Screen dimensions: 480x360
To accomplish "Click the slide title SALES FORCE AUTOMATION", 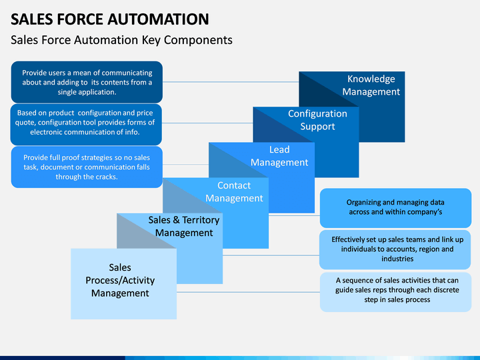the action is click(x=110, y=19).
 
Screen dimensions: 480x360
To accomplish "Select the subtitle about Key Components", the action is click(x=121, y=40).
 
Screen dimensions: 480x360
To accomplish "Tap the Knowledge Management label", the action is click(x=371, y=85).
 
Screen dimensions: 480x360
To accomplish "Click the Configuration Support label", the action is click(x=317, y=120).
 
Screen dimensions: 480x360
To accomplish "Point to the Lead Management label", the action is click(x=279, y=156).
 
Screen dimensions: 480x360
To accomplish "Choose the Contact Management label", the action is click(x=234, y=191).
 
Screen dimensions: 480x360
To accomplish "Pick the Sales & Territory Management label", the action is click(x=184, y=226).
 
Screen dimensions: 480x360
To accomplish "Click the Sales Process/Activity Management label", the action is click(x=120, y=280).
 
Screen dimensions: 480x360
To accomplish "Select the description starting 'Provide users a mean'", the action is click(x=87, y=83).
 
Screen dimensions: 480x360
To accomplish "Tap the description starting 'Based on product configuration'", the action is click(x=85, y=123).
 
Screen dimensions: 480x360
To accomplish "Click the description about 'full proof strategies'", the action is click(x=87, y=167).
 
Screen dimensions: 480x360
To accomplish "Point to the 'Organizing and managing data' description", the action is click(x=395, y=207).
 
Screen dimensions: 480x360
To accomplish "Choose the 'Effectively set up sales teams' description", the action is click(x=397, y=249).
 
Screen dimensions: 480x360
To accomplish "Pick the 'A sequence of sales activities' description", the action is click(x=397, y=290).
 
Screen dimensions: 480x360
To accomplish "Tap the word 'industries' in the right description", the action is click(x=397, y=259).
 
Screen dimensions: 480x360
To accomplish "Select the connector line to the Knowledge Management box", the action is click(x=231, y=82).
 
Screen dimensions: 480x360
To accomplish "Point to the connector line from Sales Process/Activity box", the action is click(x=248, y=293).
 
